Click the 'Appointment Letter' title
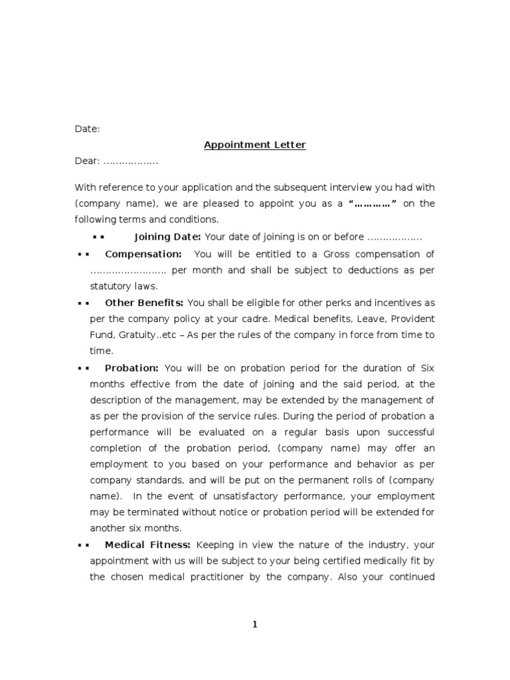pyautogui.click(x=254, y=145)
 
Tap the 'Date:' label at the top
pyautogui.click(x=87, y=129)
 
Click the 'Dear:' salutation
pyautogui.click(x=86, y=161)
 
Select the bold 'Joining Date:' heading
pyautogui.click(x=168, y=237)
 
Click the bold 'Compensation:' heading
pyautogui.click(x=143, y=254)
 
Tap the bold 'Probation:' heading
pyautogui.click(x=131, y=367)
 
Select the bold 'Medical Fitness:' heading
pyautogui.click(x=147, y=545)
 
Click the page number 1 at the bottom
pyautogui.click(x=254, y=624)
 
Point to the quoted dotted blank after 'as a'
pyautogui.click(x=373, y=204)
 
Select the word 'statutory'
pyautogui.click(x=110, y=286)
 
